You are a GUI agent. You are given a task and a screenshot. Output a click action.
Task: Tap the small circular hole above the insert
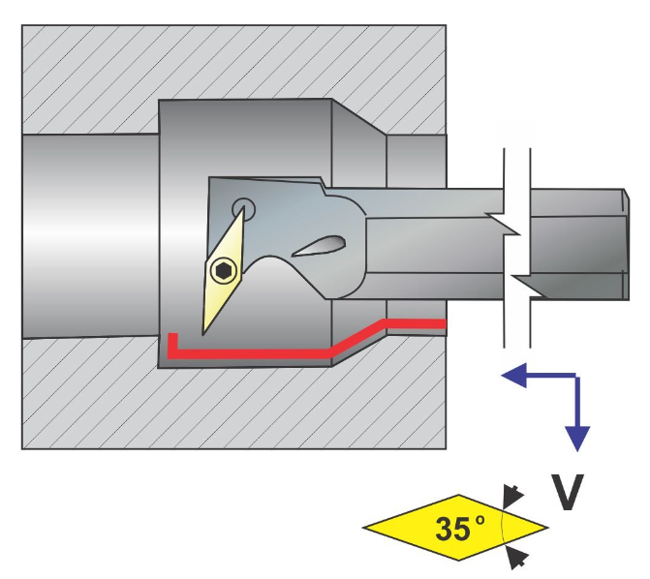[242, 206]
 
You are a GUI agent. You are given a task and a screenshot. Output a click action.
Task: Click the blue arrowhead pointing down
[578, 438]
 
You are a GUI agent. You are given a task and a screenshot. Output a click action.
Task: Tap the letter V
[569, 493]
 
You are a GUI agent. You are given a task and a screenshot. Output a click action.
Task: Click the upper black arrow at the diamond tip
[513, 497]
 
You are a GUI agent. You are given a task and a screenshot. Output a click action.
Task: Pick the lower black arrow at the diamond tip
[518, 556]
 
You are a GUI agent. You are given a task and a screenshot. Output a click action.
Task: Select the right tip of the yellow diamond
[544, 529]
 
